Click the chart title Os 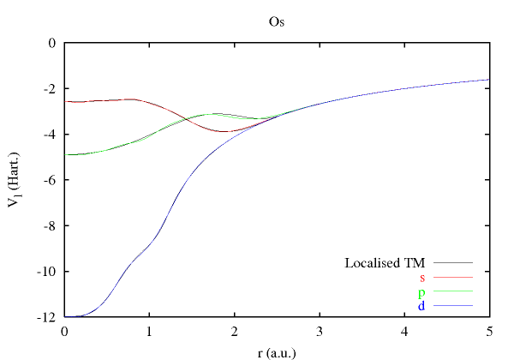277,21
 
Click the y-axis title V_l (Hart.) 20,180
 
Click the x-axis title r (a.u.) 277,351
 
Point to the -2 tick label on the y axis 49,88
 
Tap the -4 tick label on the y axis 49,135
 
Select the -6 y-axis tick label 49,180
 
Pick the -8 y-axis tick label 49,226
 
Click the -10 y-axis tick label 46,272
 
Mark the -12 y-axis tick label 46,318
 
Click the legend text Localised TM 385,262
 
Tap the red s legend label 422,277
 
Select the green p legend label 421,292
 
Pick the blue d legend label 421,306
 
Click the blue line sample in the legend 454,306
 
